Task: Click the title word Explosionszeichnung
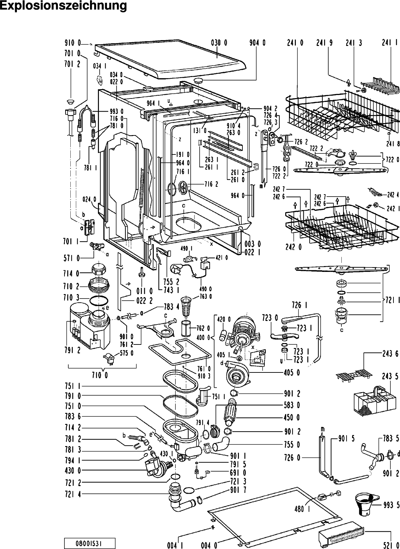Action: tap(63, 6)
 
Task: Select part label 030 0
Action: tap(219, 43)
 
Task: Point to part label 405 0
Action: tap(292, 373)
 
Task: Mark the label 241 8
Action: tap(393, 144)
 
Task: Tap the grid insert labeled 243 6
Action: tap(354, 374)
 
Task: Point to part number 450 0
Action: tap(292, 417)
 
